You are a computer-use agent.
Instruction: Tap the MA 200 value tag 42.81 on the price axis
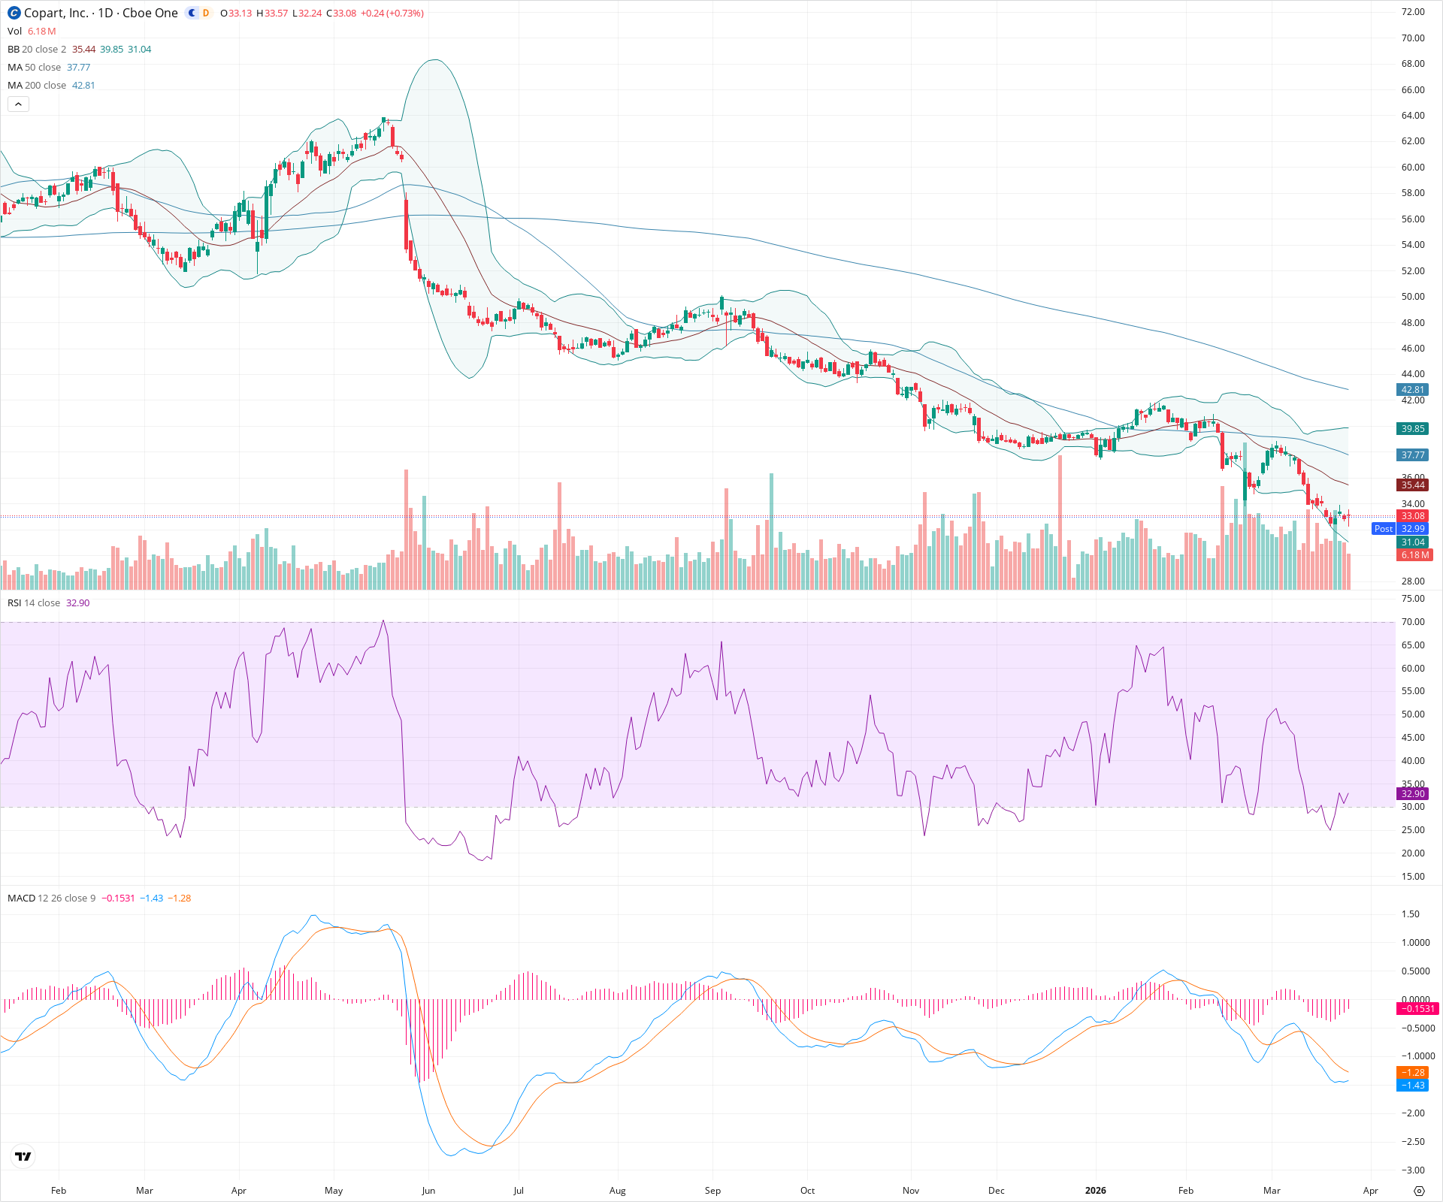point(1412,390)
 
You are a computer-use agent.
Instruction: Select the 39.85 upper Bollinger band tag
point(1412,429)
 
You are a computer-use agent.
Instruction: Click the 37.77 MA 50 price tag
point(1412,455)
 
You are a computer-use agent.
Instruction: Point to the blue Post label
point(1383,529)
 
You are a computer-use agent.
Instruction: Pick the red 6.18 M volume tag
point(1414,555)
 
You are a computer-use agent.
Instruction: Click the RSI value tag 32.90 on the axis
point(1412,794)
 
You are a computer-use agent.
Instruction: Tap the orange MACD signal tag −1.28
point(1412,1073)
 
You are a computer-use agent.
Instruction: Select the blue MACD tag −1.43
point(1412,1086)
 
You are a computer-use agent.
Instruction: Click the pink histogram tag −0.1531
point(1416,1009)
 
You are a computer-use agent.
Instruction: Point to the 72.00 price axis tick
point(1412,12)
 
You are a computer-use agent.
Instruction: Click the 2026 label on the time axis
point(1096,1191)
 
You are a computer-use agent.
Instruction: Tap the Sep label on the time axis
point(712,1191)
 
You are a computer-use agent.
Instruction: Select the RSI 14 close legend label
point(34,603)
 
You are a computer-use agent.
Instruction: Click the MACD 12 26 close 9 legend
point(51,898)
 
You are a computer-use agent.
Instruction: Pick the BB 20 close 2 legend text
point(37,50)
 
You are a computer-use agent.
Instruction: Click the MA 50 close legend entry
point(34,68)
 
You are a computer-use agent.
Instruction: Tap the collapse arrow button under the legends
point(18,104)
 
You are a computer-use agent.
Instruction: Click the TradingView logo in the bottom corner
point(23,1156)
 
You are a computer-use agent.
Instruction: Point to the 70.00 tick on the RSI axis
point(1412,622)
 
